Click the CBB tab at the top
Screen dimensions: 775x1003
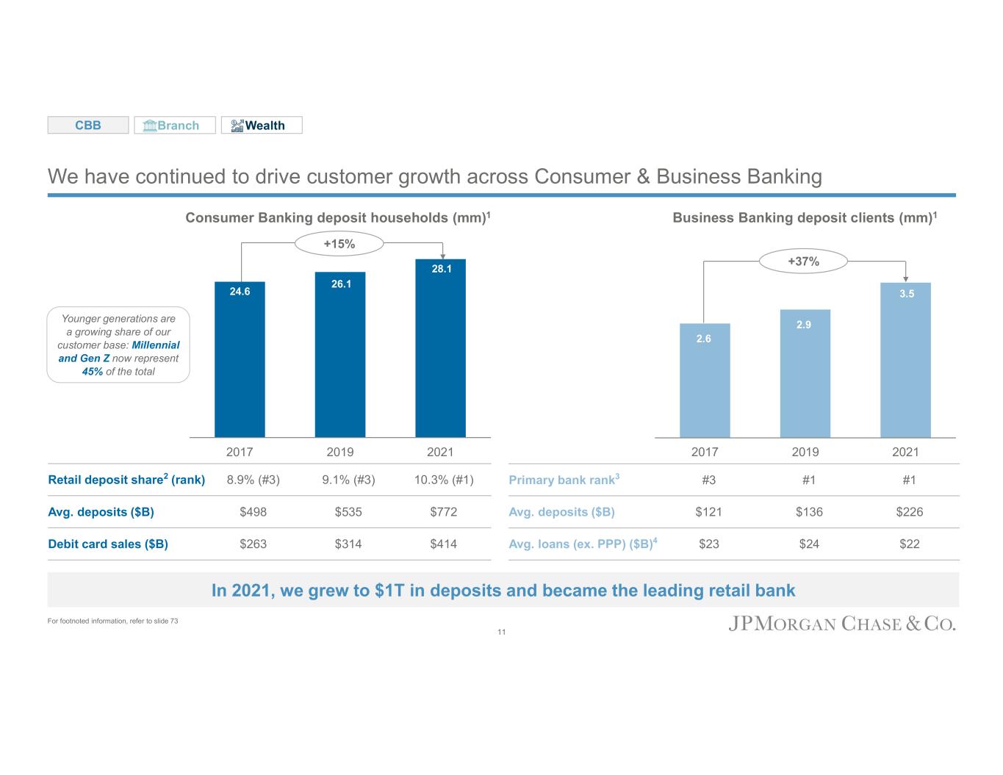click(x=88, y=126)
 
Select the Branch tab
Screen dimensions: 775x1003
click(x=175, y=126)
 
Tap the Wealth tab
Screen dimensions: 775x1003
click(x=262, y=126)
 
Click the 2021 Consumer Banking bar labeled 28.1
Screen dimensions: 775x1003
click(x=440, y=349)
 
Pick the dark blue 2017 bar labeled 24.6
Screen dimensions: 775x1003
click(x=240, y=360)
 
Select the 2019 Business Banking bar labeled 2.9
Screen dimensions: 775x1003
click(x=805, y=374)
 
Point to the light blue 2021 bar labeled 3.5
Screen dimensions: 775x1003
click(x=905, y=360)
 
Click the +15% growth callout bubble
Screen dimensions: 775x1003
click(x=339, y=244)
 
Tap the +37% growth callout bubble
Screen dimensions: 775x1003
click(x=803, y=261)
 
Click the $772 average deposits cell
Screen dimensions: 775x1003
click(x=443, y=512)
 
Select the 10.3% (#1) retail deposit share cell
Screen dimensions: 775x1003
click(x=443, y=480)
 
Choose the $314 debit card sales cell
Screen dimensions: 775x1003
click(x=348, y=544)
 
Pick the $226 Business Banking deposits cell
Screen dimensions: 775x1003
click(x=909, y=512)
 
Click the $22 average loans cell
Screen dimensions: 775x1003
click(x=909, y=544)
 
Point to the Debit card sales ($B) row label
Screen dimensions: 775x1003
click(x=108, y=544)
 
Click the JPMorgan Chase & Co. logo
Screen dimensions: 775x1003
click(x=842, y=624)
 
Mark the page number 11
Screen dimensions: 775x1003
click(x=502, y=632)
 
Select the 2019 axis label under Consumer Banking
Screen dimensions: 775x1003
click(x=340, y=452)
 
